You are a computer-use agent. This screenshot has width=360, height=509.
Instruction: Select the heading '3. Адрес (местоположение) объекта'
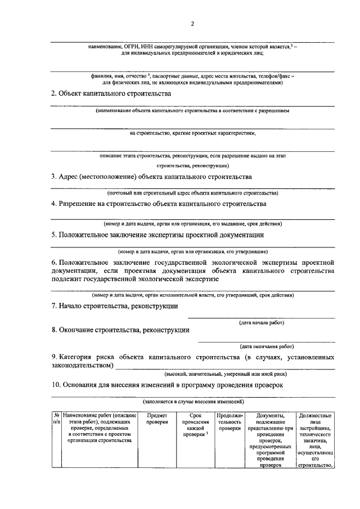coord(151,177)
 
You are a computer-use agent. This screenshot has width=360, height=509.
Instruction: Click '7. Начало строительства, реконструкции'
coord(115,306)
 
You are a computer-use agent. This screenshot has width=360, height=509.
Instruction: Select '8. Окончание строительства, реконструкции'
coord(120,330)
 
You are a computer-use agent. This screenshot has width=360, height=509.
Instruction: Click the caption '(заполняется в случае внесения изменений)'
coord(193,402)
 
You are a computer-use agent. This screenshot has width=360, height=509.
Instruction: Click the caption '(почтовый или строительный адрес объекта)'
coord(193,192)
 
